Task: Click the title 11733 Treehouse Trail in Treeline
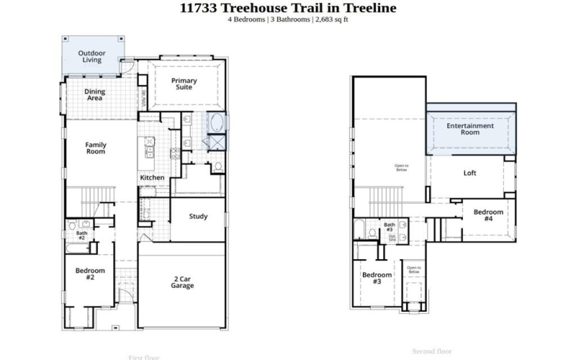click(x=287, y=9)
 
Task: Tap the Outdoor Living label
click(x=91, y=56)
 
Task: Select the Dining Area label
click(x=94, y=94)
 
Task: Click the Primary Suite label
click(x=184, y=84)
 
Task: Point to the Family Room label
click(x=96, y=148)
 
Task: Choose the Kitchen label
click(x=152, y=178)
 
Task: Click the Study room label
click(x=199, y=217)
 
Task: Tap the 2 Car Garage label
click(x=182, y=282)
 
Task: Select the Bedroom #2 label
click(x=91, y=274)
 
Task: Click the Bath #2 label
click(x=81, y=235)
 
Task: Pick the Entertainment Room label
click(x=470, y=129)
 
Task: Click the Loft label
click(x=469, y=173)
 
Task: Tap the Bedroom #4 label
click(x=488, y=215)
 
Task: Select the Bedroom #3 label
click(x=377, y=278)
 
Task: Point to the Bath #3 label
click(x=389, y=228)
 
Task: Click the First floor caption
click(x=144, y=356)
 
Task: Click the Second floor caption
click(x=432, y=351)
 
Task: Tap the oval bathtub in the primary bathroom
click(x=215, y=122)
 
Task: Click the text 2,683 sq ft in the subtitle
click(x=332, y=19)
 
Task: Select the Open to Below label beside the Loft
click(x=401, y=168)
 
